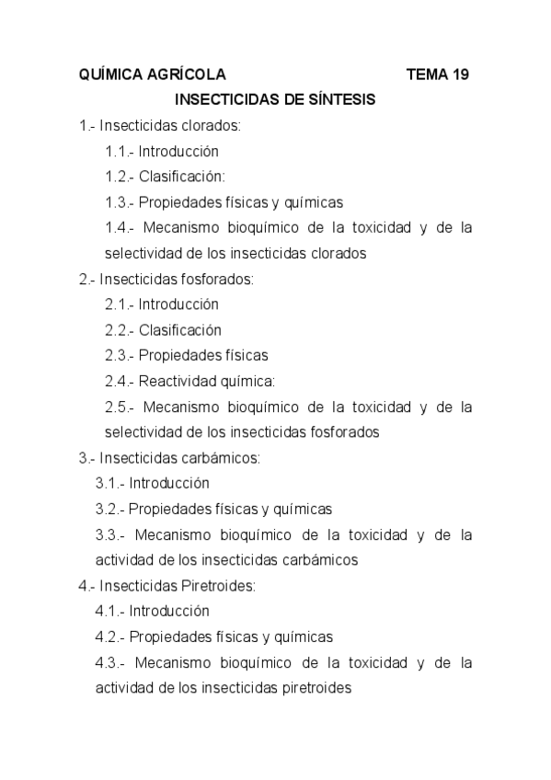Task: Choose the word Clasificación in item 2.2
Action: pos(180,329)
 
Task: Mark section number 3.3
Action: pos(109,533)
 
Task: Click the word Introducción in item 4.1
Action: pos(169,610)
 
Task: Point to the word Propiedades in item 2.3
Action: pos(180,355)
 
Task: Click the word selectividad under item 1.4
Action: pos(143,253)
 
